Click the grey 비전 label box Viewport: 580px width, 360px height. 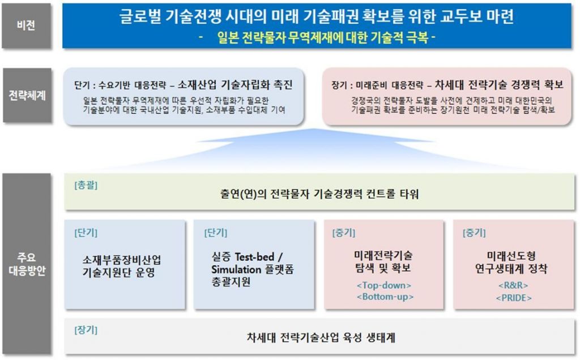point(26,25)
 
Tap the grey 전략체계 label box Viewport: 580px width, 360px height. point(27,95)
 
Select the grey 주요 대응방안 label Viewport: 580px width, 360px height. point(27,264)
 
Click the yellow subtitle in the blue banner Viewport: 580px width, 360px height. point(317,37)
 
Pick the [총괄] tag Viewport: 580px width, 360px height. point(86,185)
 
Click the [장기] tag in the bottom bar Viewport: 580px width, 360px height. point(86,329)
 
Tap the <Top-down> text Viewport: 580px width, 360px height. point(384,285)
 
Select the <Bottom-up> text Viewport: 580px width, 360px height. point(385,297)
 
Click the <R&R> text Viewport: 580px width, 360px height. point(513,285)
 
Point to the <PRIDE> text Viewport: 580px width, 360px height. point(513,298)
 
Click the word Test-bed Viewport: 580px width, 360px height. point(254,256)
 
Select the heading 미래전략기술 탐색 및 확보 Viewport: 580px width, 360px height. point(383,262)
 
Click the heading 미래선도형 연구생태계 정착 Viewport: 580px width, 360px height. point(511,262)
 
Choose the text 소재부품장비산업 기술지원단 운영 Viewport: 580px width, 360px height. point(121,266)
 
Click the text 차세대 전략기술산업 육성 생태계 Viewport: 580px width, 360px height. point(321,337)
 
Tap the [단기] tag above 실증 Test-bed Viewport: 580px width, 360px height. point(216,233)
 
